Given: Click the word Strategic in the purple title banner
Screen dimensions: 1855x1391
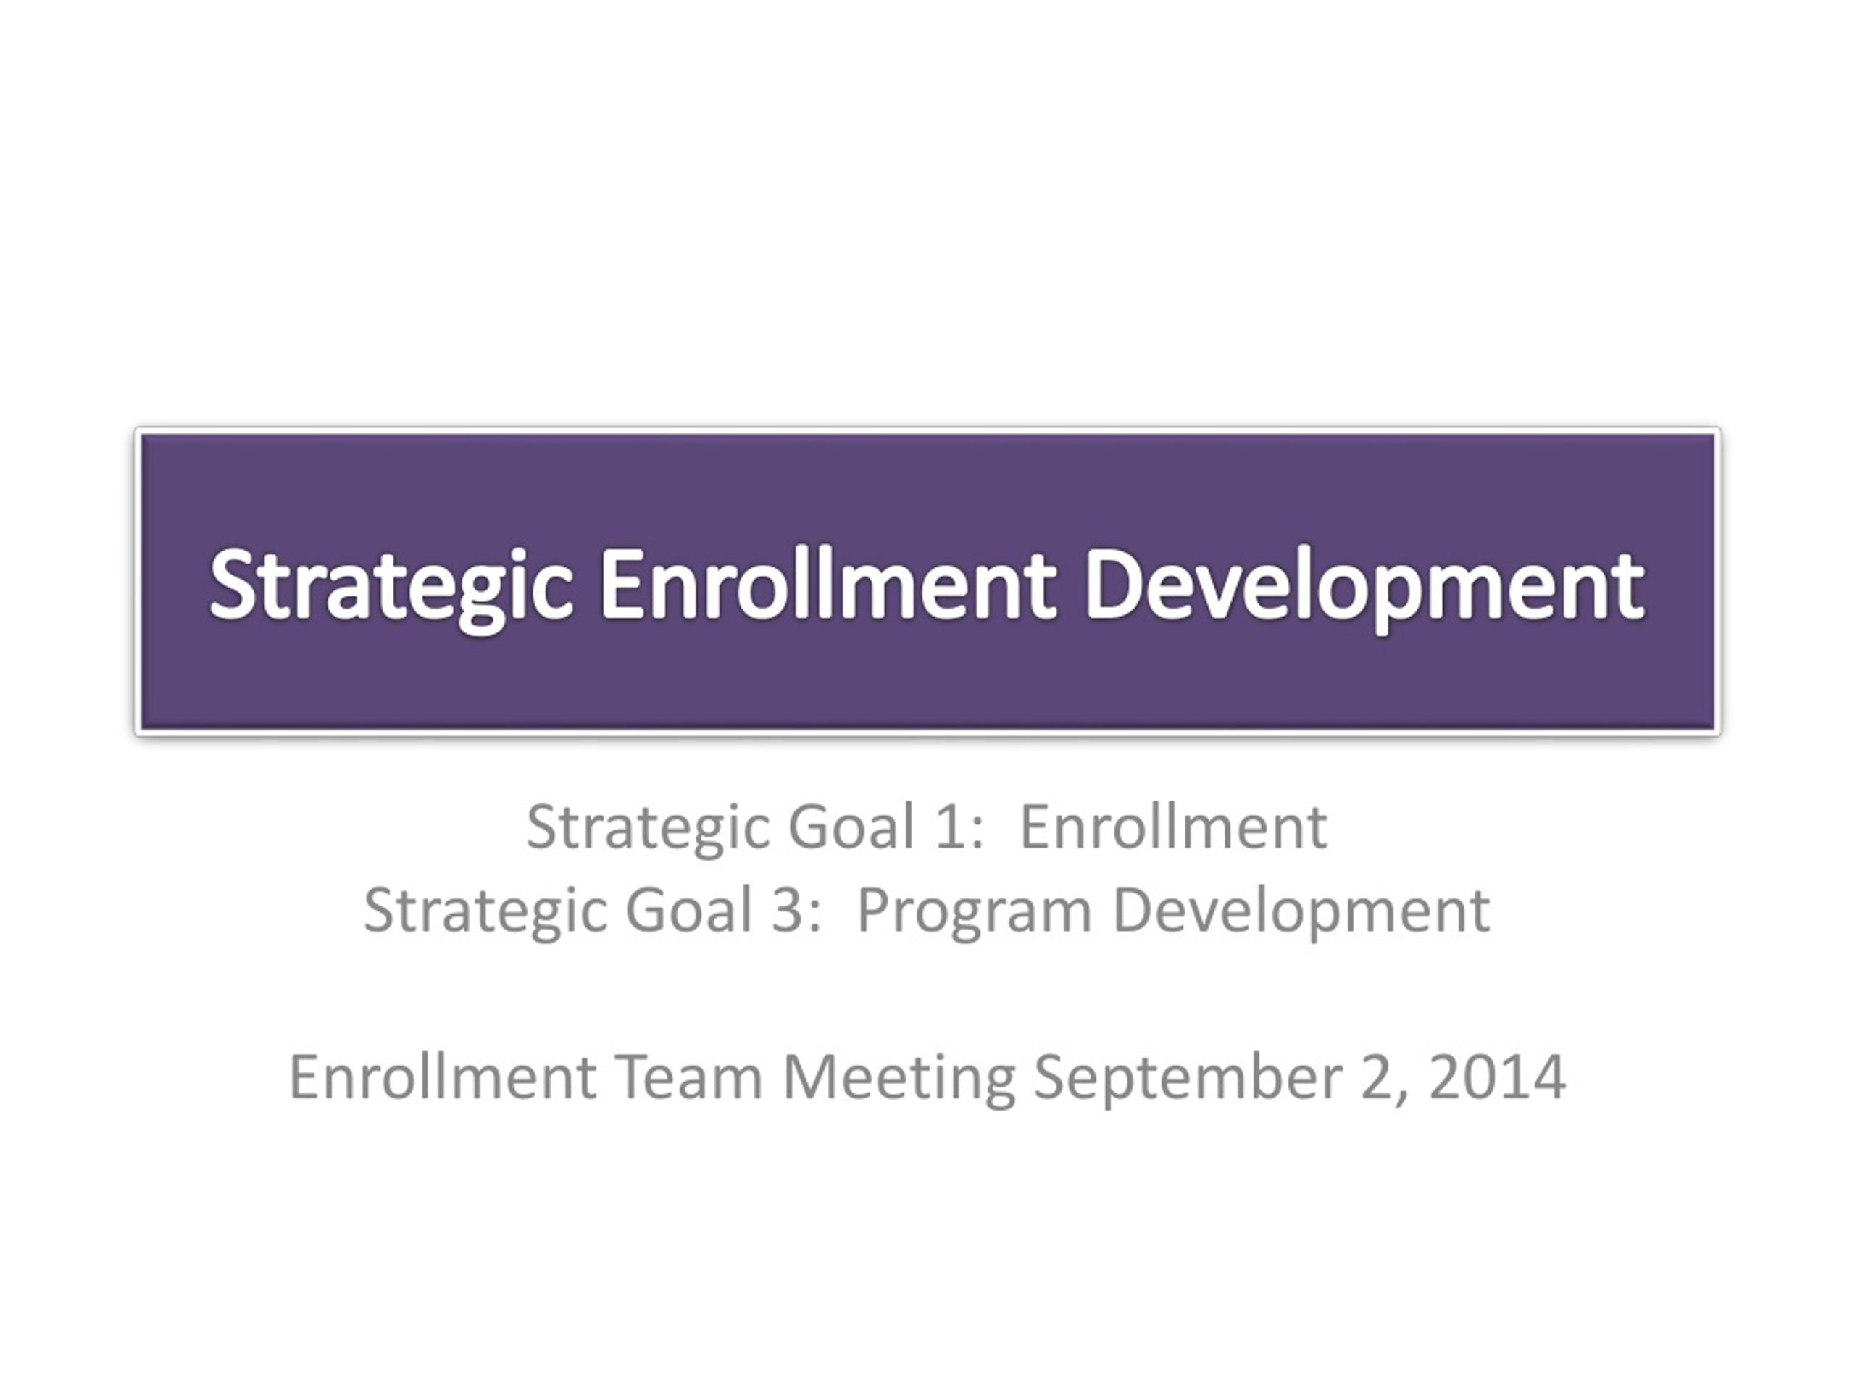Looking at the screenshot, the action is (391, 587).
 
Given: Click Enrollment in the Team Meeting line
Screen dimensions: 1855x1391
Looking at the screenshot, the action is (443, 1077).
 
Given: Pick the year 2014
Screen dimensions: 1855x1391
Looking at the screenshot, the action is (1498, 1078).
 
